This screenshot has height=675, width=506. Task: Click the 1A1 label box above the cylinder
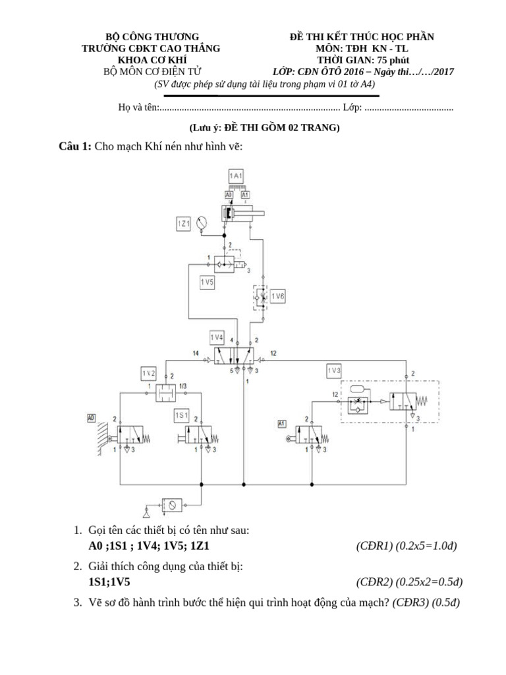(x=237, y=175)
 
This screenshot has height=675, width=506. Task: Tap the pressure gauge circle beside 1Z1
(x=202, y=223)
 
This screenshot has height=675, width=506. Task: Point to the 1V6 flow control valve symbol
(x=260, y=297)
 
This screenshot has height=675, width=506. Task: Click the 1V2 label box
(x=148, y=373)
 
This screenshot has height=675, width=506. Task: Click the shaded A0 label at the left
(x=91, y=417)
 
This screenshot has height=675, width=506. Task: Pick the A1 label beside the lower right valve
(x=281, y=423)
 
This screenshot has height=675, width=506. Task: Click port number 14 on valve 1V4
(x=196, y=354)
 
